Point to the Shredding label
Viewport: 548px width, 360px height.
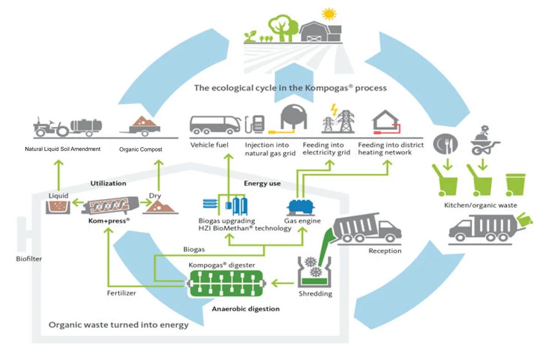315,293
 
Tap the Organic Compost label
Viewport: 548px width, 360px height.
141,149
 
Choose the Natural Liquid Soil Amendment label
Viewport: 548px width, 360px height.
63,149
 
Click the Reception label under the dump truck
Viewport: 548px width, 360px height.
385,250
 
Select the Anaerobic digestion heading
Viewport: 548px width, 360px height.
246,309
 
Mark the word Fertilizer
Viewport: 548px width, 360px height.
121,293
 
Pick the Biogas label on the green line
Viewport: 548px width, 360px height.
194,250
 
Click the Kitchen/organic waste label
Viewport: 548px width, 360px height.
480,205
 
